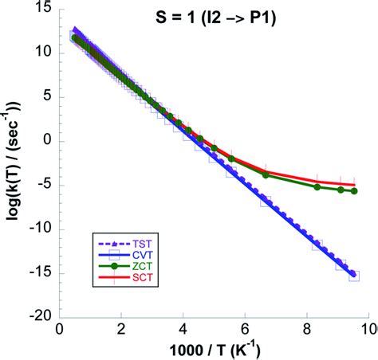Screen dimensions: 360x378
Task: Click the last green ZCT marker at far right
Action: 354,191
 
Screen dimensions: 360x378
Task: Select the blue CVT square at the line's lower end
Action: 354,276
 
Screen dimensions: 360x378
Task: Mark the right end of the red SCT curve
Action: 354,185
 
